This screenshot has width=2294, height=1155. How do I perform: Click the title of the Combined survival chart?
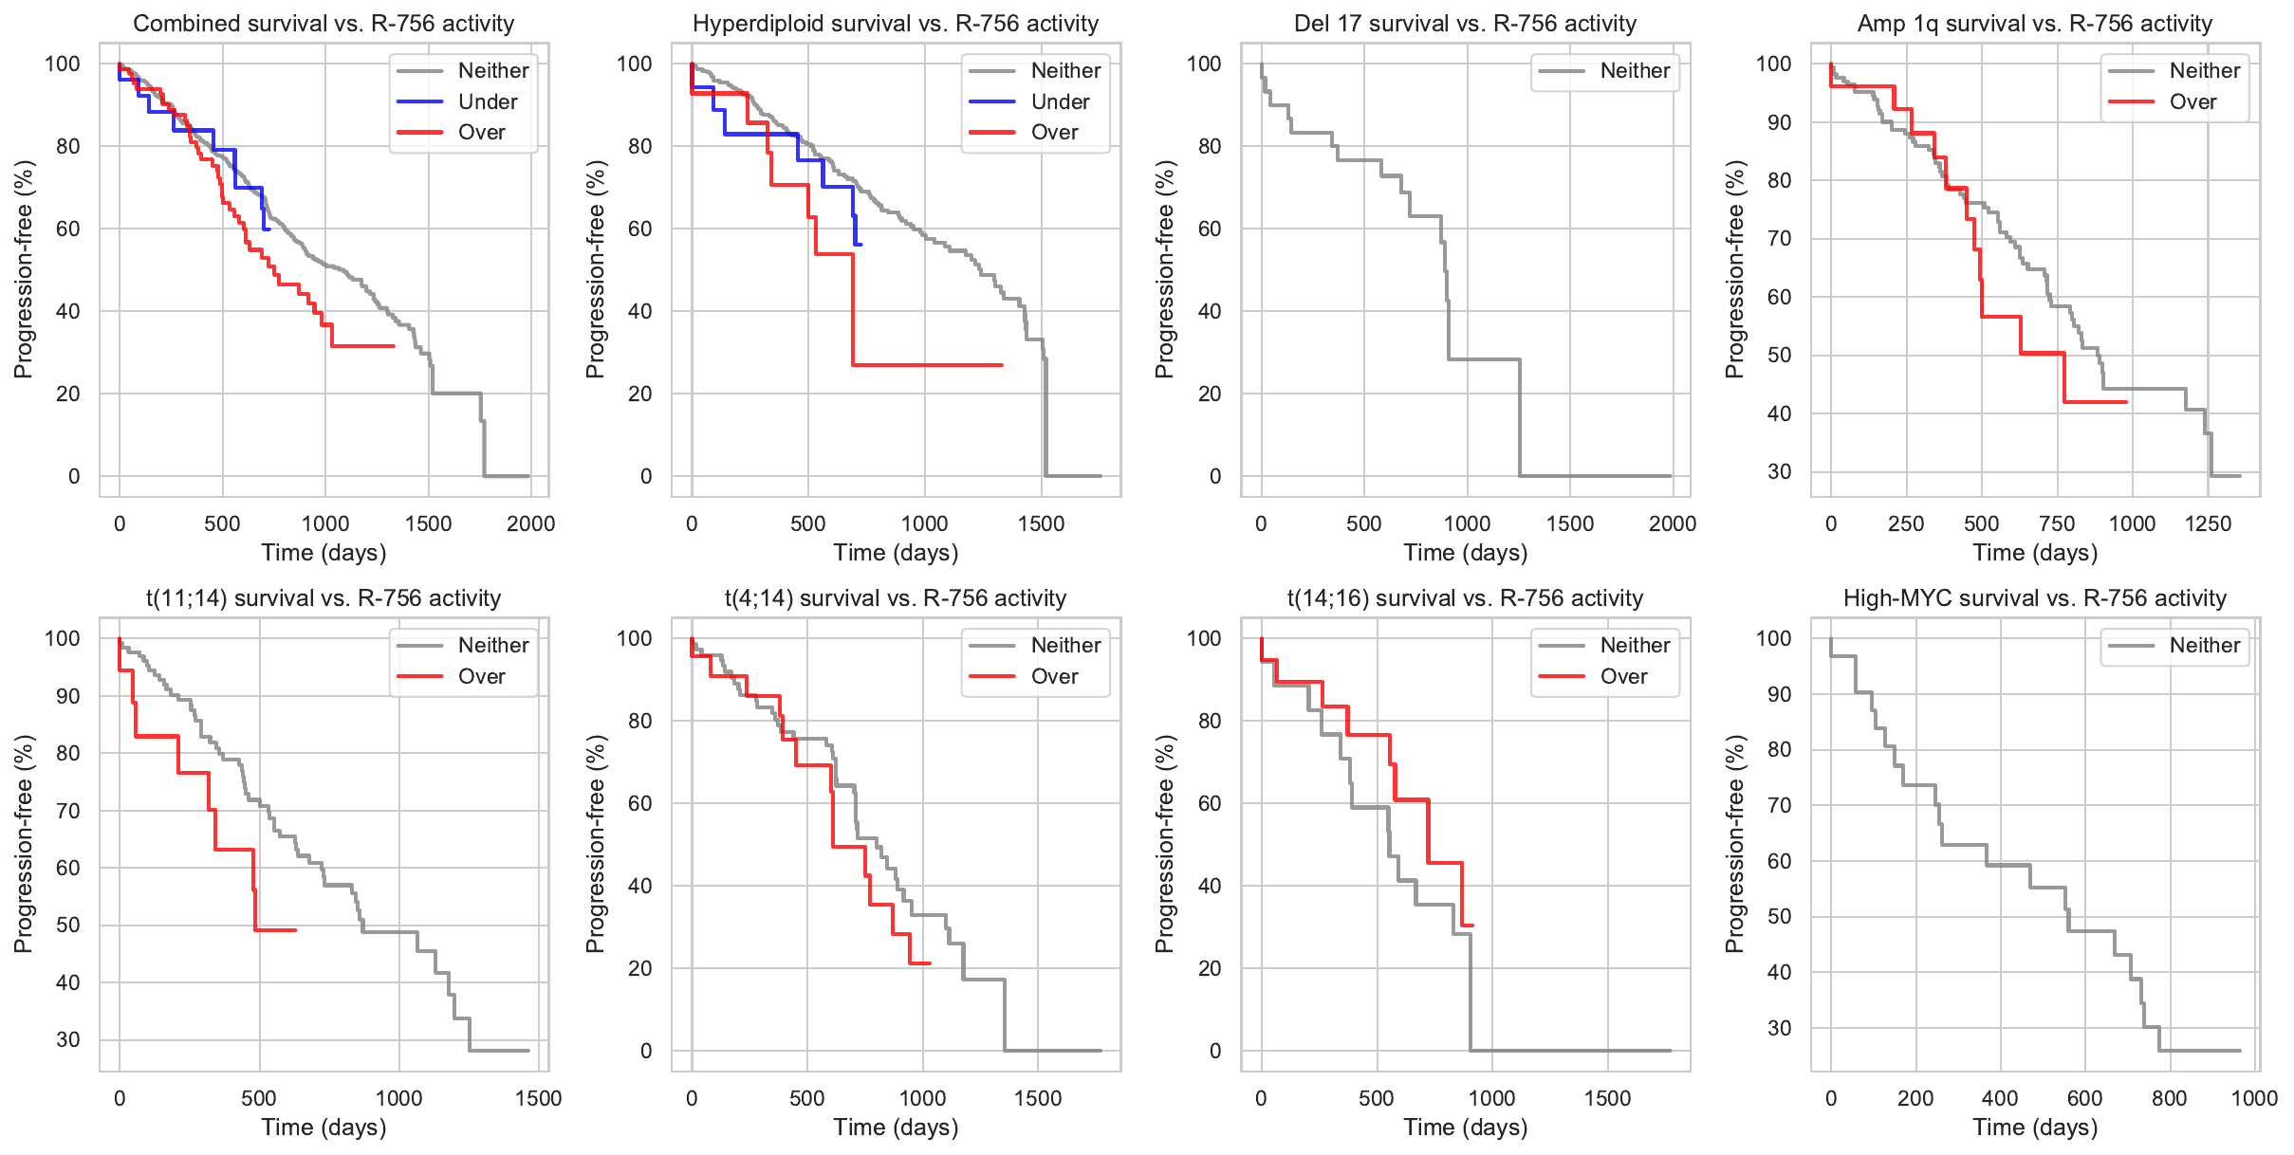pos(324,24)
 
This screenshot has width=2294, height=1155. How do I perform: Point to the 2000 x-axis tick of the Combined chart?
pos(530,523)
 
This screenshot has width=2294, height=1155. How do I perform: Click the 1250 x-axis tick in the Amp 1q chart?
pos(2208,523)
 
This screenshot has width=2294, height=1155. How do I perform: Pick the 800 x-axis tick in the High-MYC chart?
pos(2169,1098)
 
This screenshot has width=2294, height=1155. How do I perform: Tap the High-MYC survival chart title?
pos(2034,598)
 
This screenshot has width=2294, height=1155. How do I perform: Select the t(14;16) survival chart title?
pos(1465,598)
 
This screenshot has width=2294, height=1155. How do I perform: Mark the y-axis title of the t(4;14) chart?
pos(595,844)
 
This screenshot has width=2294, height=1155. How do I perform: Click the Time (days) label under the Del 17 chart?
pos(1465,553)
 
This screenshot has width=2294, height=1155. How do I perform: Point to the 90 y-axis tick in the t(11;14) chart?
pos(68,696)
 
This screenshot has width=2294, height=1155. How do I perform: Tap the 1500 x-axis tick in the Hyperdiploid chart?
pos(1041,523)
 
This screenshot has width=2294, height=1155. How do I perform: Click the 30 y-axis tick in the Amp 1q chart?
pos(1779,471)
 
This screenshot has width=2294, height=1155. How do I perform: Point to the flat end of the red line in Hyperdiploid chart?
pos(1002,365)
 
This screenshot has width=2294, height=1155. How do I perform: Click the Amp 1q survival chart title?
pos(2034,24)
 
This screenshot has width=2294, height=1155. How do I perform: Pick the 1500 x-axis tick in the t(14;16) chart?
pos(1607,1098)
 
